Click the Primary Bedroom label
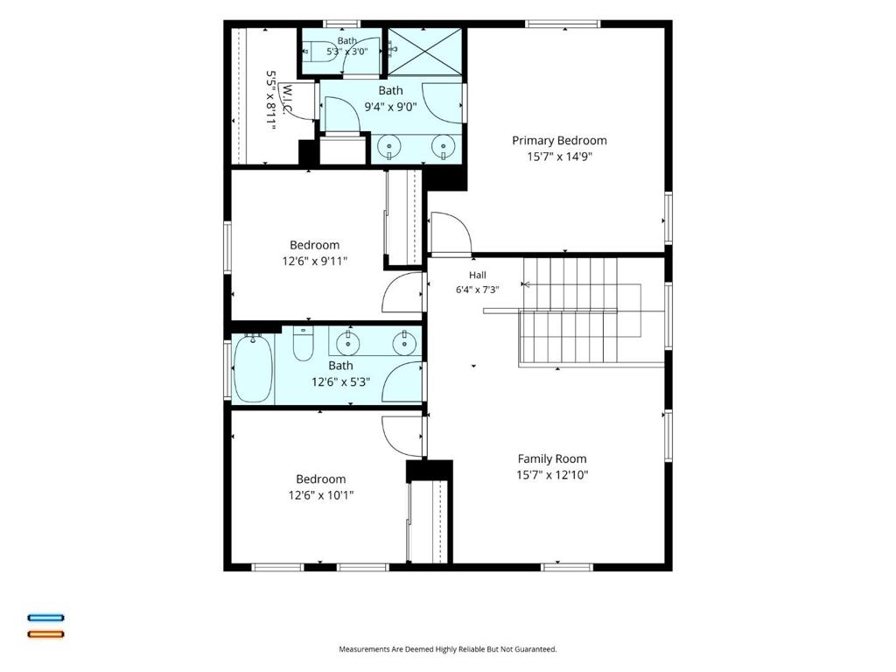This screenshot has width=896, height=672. (x=559, y=141)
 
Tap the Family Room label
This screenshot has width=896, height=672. (x=552, y=458)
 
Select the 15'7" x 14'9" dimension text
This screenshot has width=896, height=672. (x=559, y=157)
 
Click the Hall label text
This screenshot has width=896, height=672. (x=478, y=276)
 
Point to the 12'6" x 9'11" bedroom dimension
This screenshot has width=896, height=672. (x=315, y=261)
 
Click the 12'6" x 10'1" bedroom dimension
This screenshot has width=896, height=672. (x=320, y=495)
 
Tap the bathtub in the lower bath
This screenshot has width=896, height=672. (x=253, y=368)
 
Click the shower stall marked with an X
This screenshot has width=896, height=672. (x=424, y=52)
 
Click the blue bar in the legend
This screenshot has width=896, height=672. (x=46, y=618)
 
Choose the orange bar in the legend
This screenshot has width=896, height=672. (x=46, y=633)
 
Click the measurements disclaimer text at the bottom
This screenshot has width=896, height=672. (x=447, y=649)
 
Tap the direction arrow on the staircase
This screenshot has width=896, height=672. (x=526, y=284)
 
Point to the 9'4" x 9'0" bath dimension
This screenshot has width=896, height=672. (x=391, y=107)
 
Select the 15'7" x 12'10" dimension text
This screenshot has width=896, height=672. (x=552, y=475)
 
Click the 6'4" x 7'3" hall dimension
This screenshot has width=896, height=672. (x=478, y=290)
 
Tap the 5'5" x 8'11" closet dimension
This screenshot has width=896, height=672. (x=271, y=101)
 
